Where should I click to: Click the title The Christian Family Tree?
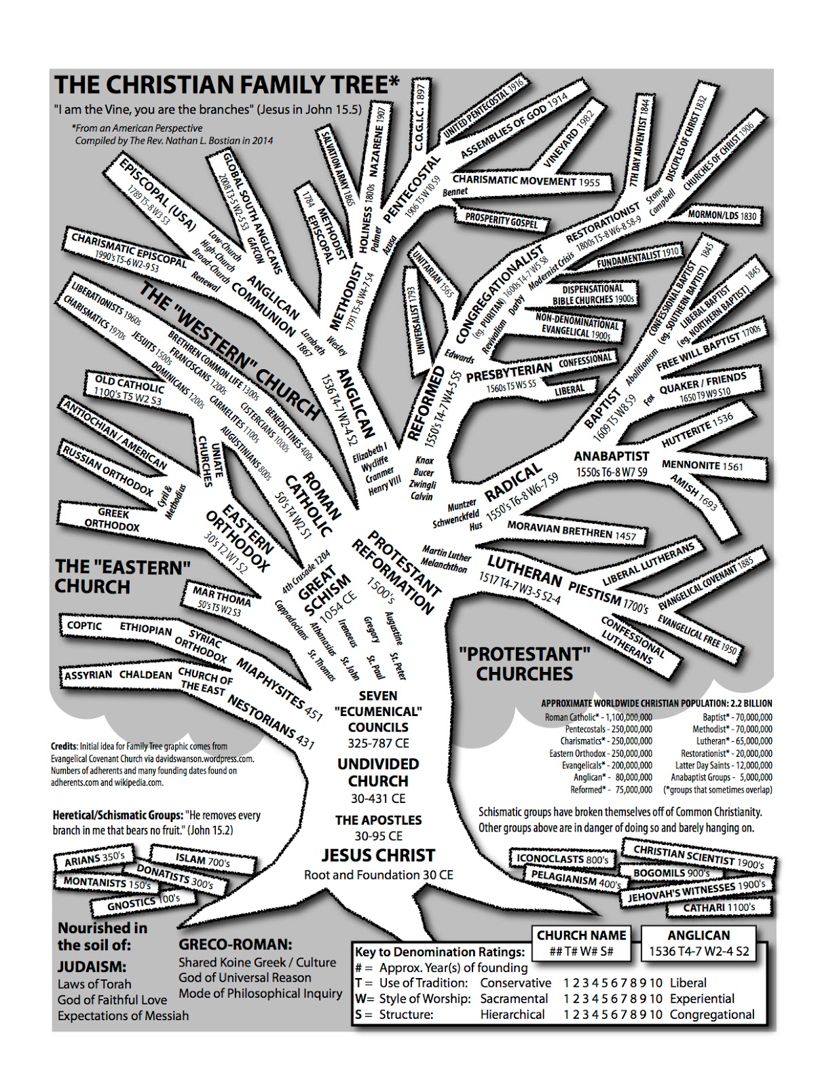pos(227,85)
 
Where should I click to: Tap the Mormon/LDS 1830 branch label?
pos(722,215)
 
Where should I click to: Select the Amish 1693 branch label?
pos(694,493)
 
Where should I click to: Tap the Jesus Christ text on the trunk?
pos(378,855)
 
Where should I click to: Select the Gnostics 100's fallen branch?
pos(143,902)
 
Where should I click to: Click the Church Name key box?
pos(581,943)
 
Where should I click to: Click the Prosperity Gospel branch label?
pos(501,221)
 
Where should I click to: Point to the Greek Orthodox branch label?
pos(112,519)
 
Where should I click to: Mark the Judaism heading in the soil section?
pos(92,966)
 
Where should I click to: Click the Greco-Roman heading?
pos(235,944)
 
